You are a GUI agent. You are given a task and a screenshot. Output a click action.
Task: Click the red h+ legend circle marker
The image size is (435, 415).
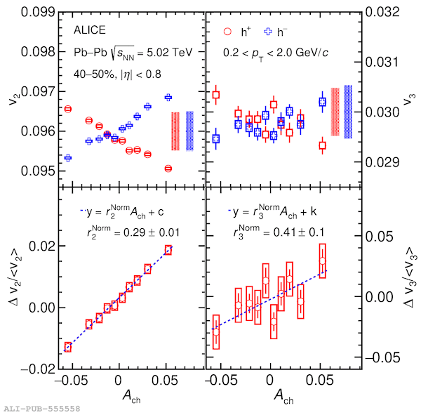point(226,32)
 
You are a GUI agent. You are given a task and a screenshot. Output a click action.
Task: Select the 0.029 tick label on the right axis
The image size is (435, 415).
point(382,162)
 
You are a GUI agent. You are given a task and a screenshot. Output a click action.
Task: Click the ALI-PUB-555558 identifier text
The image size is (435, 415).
point(41,408)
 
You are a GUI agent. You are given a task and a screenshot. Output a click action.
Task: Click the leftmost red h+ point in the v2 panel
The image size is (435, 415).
point(68,109)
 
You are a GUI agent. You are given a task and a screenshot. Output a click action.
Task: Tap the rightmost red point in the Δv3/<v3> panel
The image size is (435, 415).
point(322,261)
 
